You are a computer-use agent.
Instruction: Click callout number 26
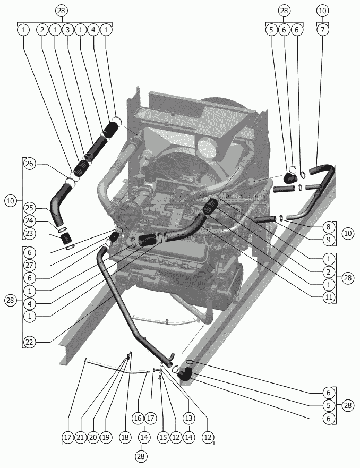point(30,164)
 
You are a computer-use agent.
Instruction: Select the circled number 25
point(30,208)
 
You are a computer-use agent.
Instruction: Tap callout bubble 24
point(30,221)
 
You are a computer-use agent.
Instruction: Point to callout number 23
point(30,233)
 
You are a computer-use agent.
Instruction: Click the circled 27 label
point(30,265)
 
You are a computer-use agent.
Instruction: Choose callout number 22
point(30,342)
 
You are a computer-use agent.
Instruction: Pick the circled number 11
point(329,297)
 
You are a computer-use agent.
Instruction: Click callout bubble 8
point(329,227)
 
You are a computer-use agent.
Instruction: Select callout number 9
point(329,240)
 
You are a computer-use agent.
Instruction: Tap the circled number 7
point(322,30)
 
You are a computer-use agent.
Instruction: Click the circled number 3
point(68,30)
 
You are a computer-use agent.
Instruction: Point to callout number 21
point(81,437)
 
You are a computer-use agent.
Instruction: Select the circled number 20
point(93,437)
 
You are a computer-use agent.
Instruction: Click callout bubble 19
point(106,437)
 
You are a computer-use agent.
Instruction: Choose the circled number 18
point(125,437)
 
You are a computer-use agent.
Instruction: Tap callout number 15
point(163,437)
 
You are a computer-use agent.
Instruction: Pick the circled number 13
point(189,418)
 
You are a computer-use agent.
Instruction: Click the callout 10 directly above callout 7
point(322,11)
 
